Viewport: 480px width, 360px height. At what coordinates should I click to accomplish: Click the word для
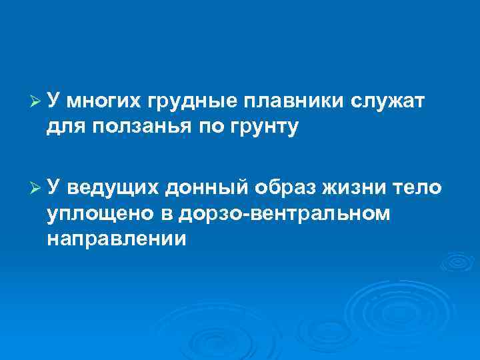pos(65,126)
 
